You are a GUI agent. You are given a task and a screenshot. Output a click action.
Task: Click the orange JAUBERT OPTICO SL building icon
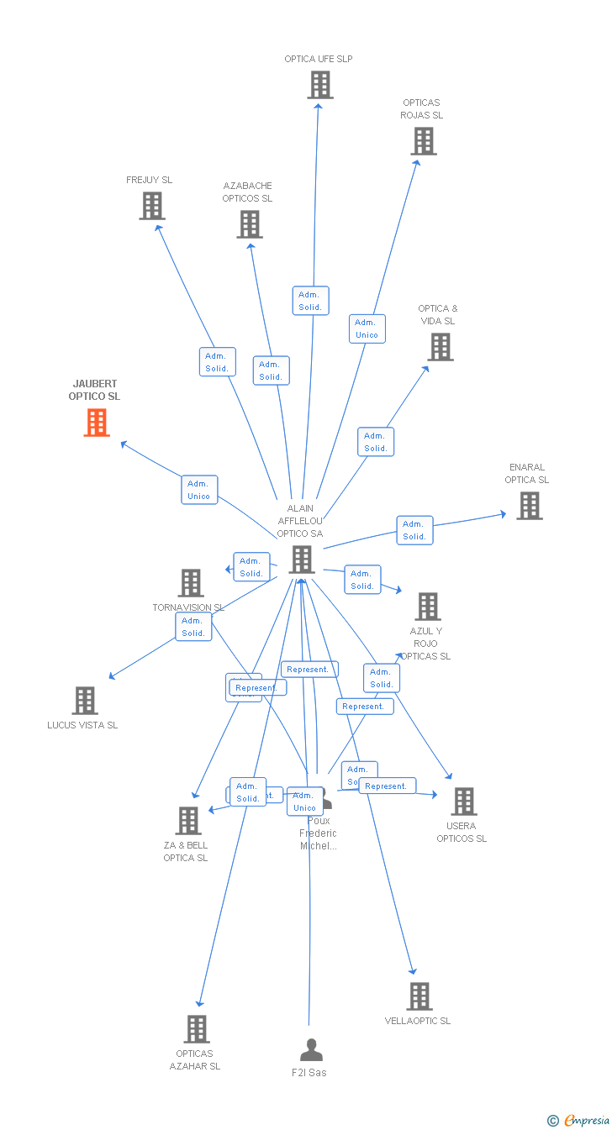click(x=97, y=423)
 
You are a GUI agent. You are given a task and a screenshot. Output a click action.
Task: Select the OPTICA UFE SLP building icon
click(x=319, y=85)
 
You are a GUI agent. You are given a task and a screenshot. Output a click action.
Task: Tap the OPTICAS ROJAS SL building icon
click(x=424, y=141)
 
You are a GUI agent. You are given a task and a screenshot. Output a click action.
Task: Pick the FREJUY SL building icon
click(x=152, y=206)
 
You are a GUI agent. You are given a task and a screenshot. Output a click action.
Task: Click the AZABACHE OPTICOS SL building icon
click(x=249, y=224)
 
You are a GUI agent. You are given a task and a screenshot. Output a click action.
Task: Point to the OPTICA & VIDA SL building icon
click(x=440, y=347)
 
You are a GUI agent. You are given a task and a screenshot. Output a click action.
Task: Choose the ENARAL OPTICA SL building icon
click(x=529, y=506)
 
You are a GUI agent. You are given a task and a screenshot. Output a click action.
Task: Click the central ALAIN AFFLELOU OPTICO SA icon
click(x=302, y=560)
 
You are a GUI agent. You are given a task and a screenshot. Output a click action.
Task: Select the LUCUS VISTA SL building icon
click(x=85, y=701)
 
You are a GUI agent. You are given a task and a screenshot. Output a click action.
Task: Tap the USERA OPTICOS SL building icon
click(x=463, y=802)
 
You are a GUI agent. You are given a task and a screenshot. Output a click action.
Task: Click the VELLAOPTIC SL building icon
click(x=419, y=996)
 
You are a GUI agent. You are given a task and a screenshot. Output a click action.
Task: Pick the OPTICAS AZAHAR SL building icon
click(x=197, y=1029)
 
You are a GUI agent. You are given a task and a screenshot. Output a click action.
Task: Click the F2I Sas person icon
click(x=311, y=1050)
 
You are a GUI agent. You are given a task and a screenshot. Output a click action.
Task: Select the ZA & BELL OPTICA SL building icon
click(x=187, y=821)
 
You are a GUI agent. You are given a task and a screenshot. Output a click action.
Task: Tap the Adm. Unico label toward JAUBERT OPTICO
click(x=199, y=490)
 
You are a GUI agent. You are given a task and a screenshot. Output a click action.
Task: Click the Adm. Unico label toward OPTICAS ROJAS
click(x=367, y=328)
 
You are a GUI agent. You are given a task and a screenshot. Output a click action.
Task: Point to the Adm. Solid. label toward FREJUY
click(x=217, y=362)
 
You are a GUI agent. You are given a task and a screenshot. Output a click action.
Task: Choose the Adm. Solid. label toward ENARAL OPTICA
click(x=414, y=530)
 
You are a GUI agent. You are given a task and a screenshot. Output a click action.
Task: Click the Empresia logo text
click(x=586, y=1120)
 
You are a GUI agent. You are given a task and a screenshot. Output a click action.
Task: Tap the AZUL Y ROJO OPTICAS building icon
click(x=427, y=607)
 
